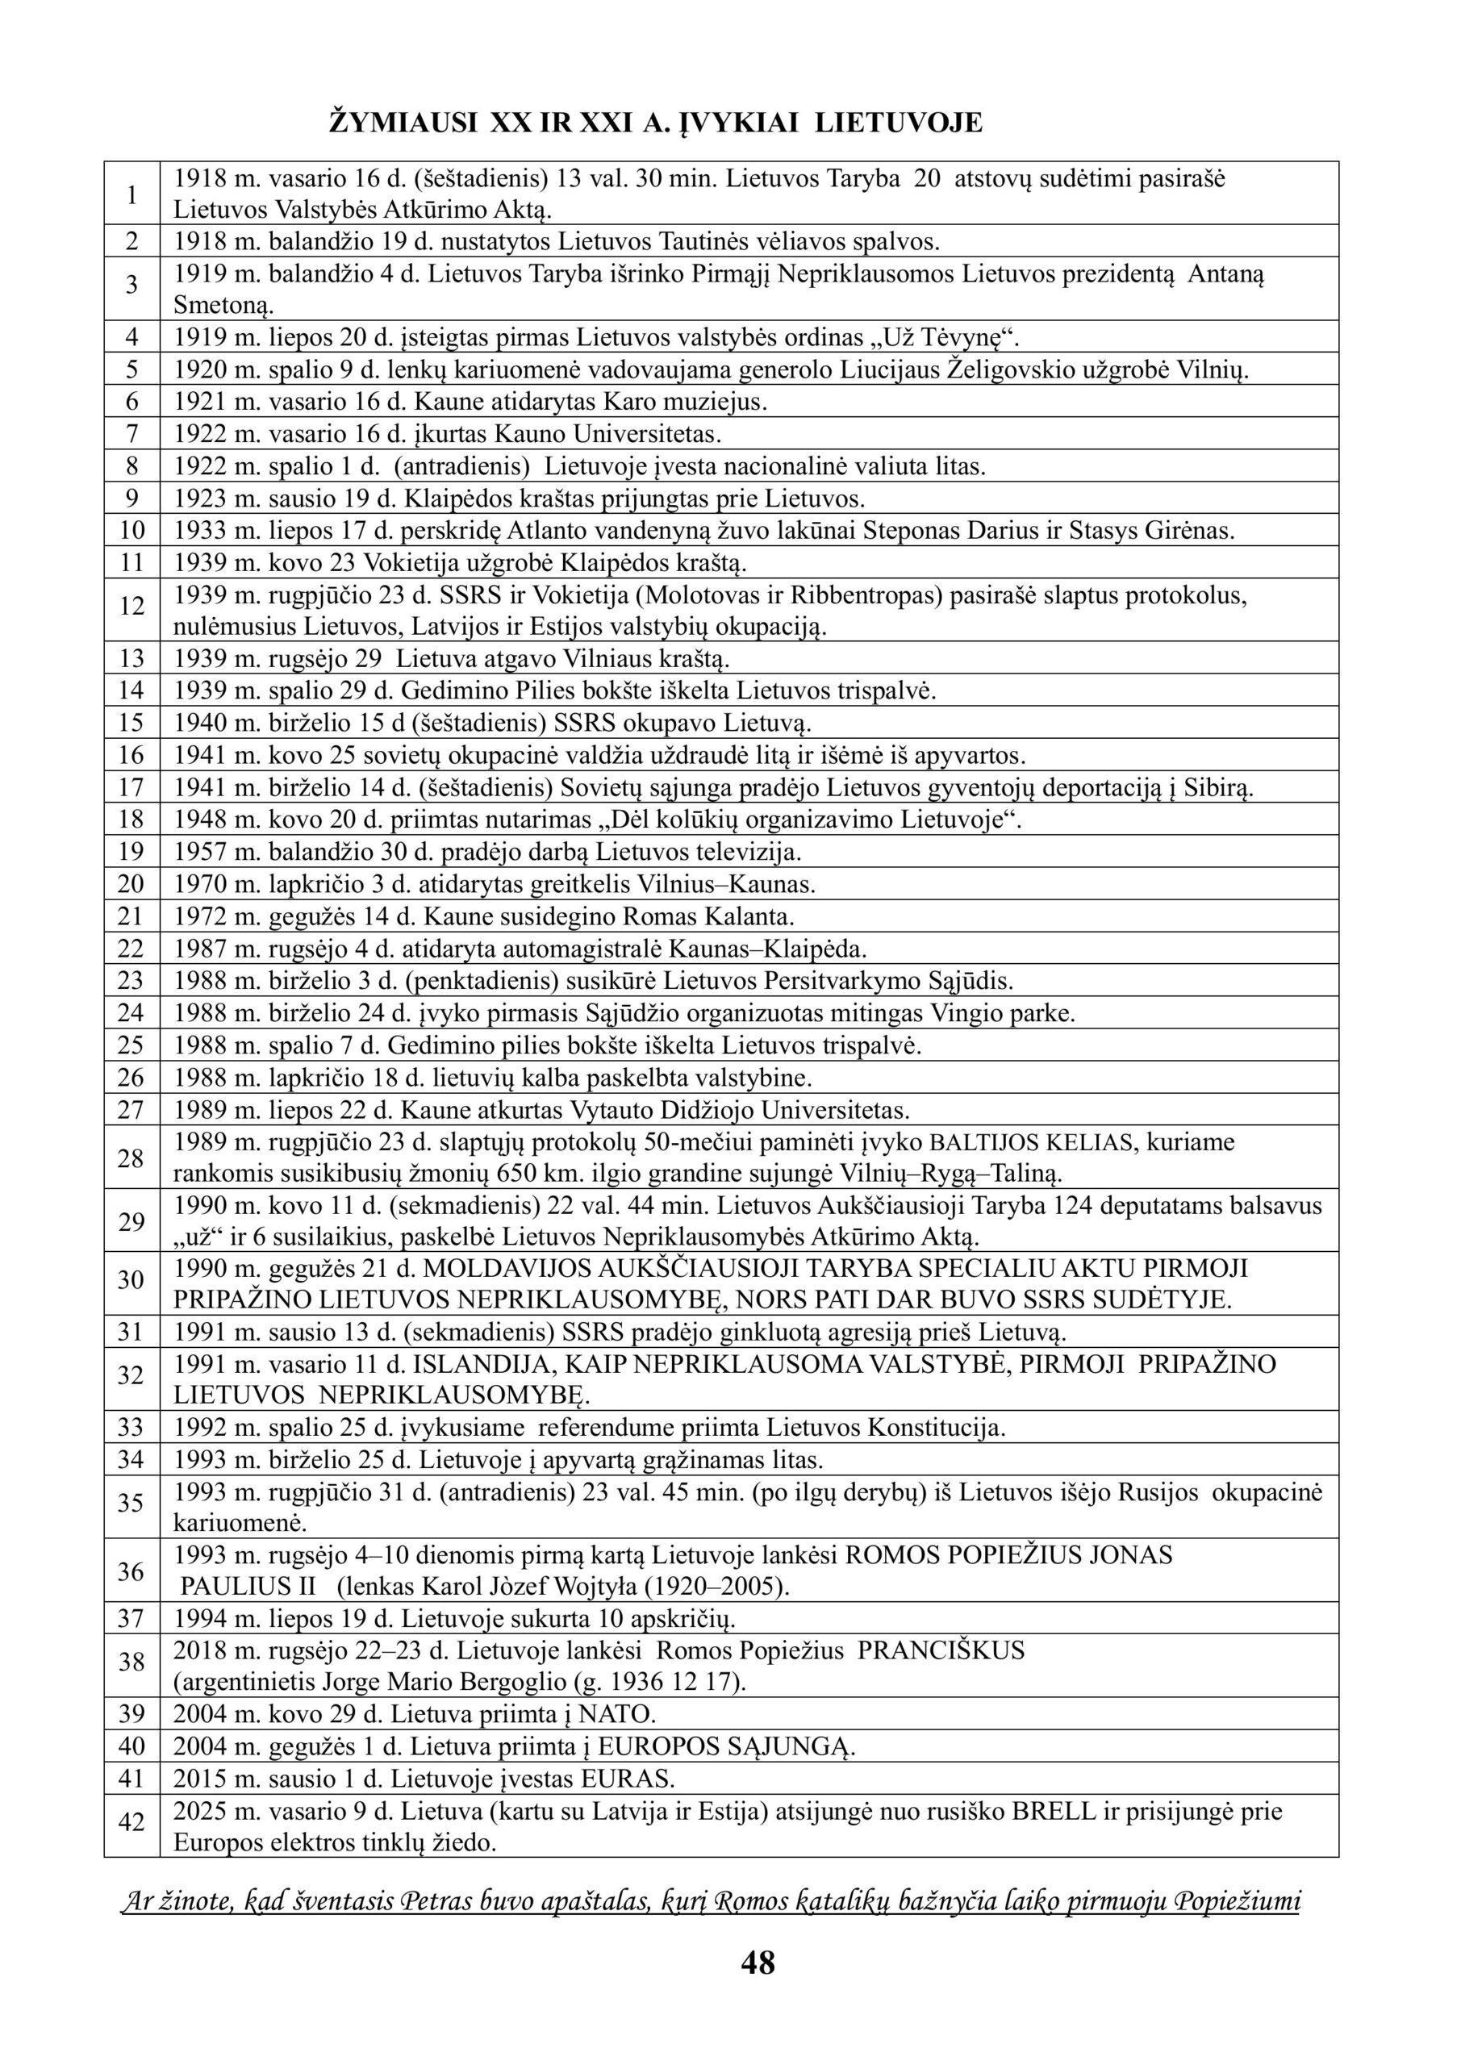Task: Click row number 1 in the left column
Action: (x=132, y=194)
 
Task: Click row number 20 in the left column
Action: (x=131, y=884)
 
